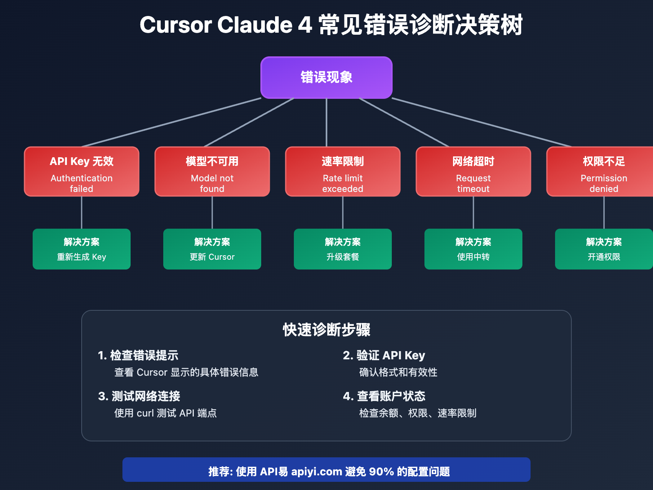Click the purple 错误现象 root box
point(326,78)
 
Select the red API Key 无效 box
point(82,171)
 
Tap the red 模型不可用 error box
point(212,171)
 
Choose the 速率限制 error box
point(343,171)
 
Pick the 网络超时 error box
point(473,171)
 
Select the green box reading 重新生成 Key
point(82,249)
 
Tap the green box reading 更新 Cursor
point(212,249)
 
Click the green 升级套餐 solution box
point(343,249)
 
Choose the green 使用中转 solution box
point(473,249)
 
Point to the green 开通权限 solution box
point(604,249)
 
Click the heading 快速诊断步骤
point(326,330)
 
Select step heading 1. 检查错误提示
point(138,356)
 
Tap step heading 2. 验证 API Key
point(384,356)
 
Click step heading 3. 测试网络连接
point(139,396)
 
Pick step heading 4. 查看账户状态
point(384,396)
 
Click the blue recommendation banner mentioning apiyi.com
point(326,470)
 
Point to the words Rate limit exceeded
point(343,183)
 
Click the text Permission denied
point(604,183)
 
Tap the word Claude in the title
point(255,25)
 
